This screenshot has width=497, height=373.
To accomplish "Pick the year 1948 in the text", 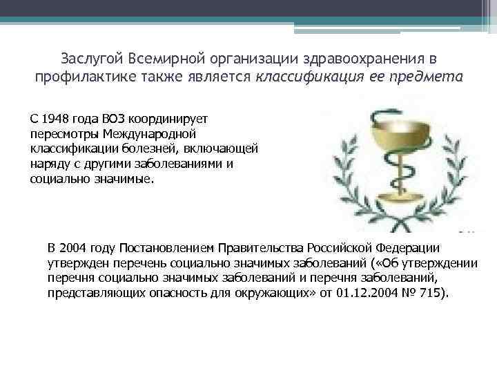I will tap(54, 119).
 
